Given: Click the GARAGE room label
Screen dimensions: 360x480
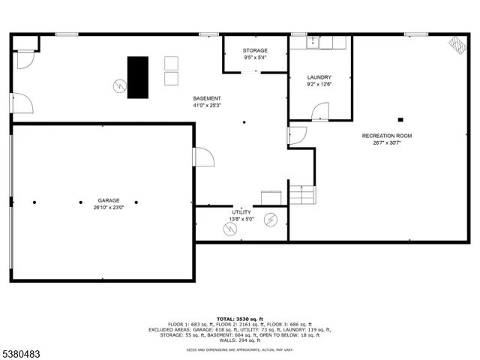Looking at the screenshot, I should click(109, 200).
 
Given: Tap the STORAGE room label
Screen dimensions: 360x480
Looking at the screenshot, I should click(255, 50).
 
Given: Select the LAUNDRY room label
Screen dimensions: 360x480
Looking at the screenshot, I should click(319, 77).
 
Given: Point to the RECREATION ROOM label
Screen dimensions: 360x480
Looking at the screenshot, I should click(387, 136).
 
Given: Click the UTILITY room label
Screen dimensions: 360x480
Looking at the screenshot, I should click(241, 212).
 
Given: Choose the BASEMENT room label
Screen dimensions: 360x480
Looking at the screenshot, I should click(207, 98).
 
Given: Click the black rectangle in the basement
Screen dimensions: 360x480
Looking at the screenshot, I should click(137, 77).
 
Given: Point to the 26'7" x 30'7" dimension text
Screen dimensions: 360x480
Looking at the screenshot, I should click(387, 142).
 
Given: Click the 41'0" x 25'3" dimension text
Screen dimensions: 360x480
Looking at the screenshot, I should click(207, 105).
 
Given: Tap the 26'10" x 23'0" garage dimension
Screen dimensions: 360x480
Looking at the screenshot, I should click(109, 207).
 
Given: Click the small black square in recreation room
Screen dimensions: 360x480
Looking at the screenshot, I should click(401, 118).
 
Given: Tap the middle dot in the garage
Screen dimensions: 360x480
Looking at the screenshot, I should click(82, 202).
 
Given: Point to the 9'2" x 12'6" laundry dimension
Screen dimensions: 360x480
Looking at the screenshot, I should click(319, 84).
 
